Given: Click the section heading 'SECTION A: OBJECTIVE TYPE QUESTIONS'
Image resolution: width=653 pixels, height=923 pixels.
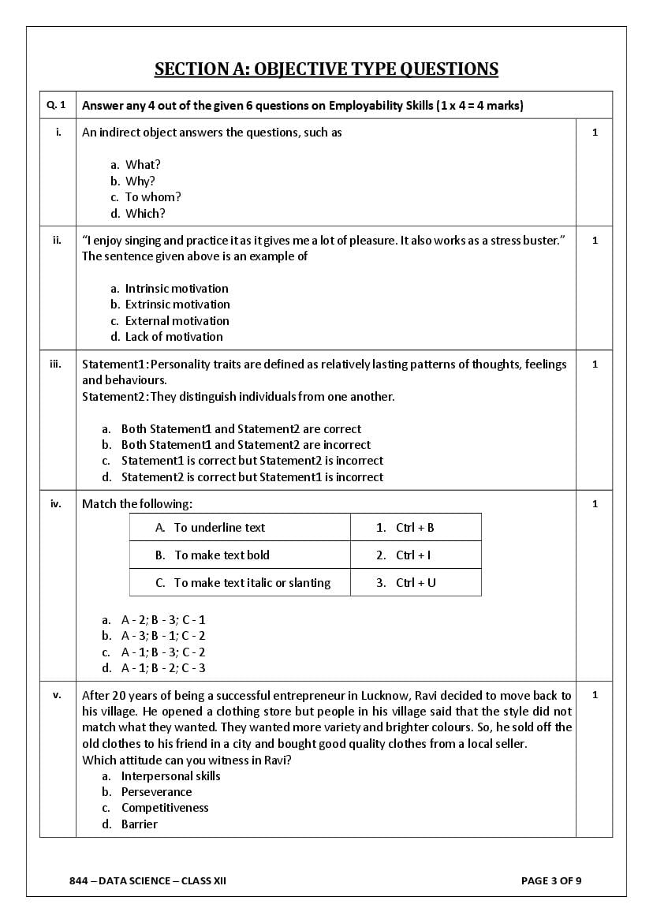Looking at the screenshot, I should coord(326,69).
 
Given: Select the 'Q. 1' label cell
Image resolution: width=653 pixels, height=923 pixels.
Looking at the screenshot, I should coord(57,105).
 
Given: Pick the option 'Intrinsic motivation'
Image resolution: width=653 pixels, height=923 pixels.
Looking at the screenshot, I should coord(177,289).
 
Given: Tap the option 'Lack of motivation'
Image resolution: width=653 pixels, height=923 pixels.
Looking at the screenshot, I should coord(174,337).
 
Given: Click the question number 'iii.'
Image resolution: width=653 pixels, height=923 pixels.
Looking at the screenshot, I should coord(57,364).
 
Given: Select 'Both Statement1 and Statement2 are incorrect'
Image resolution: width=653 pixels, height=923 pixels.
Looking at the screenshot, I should coord(245,445).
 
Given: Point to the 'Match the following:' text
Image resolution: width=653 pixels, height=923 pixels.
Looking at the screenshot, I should coord(137,504).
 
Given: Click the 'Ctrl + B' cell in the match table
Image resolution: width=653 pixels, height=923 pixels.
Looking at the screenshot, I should coord(415,528).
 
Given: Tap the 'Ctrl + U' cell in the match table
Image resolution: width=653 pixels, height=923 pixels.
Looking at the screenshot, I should coord(416,583).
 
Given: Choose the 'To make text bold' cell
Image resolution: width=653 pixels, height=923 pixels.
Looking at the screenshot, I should coord(222,555).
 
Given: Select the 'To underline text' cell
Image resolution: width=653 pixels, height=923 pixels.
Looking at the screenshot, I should coord(219,528).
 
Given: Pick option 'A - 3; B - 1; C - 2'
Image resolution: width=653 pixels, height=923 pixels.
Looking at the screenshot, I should coord(162,636).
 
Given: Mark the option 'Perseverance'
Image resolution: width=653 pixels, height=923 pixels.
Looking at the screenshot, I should coord(156,792).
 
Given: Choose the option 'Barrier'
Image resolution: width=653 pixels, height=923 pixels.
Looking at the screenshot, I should coord(140,824).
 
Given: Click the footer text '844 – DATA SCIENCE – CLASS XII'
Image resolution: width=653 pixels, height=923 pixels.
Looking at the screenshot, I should coord(147,880).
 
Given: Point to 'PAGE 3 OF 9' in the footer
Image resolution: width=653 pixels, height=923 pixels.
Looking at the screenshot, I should coord(551,880).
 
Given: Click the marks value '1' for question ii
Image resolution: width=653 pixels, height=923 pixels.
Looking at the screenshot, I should coord(595,241).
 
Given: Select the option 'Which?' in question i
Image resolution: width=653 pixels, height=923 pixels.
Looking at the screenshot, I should coord(145,214).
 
